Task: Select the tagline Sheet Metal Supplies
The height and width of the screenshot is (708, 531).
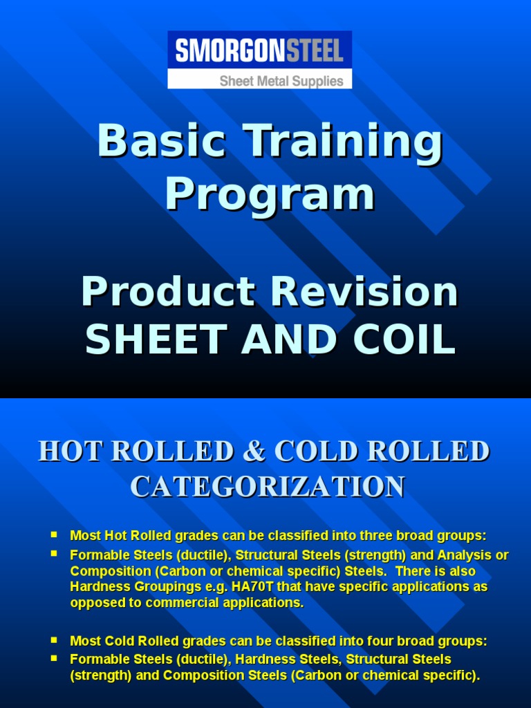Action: coord(281,81)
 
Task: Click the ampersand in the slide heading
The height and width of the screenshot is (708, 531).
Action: coord(256,451)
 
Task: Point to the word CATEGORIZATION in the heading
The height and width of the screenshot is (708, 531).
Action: coord(268,486)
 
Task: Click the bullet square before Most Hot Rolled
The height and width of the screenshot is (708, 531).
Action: coord(54,534)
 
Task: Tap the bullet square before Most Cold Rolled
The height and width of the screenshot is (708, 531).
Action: coord(54,640)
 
